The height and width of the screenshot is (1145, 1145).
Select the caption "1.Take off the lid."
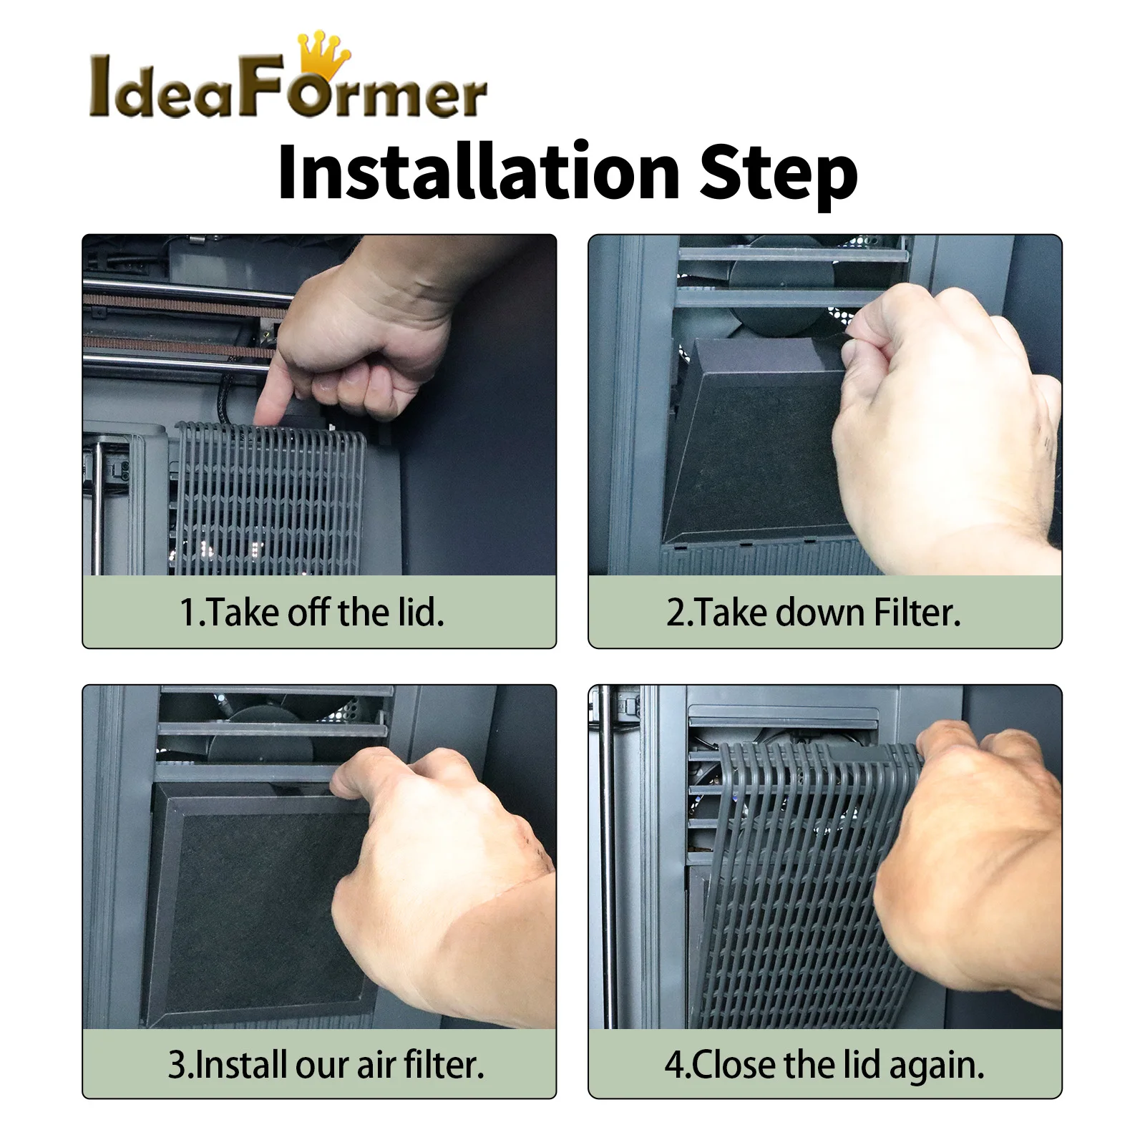pyautogui.click(x=312, y=613)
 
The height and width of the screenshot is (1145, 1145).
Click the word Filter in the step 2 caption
pyautogui.click(x=916, y=613)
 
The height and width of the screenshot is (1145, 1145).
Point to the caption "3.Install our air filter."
pyautogui.click(x=326, y=1064)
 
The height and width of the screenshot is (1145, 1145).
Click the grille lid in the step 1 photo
pyautogui.click(x=269, y=498)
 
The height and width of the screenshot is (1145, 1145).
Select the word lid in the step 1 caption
pyautogui.click(x=419, y=613)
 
